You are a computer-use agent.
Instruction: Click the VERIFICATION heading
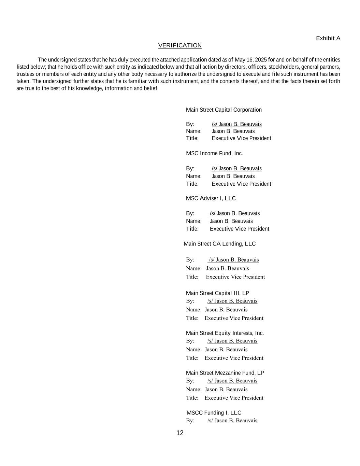[180, 45]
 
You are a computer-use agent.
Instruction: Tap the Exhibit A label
[328, 38]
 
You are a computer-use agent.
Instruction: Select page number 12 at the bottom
[180, 433]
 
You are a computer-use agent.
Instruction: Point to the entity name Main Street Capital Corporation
[224, 110]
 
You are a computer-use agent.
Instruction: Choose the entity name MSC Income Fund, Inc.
[214, 153]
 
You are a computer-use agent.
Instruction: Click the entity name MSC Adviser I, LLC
[211, 198]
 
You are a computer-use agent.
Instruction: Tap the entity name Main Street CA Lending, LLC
[219, 244]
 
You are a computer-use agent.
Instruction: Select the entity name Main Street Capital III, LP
[217, 293]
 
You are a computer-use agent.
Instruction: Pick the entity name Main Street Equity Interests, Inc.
[225, 333]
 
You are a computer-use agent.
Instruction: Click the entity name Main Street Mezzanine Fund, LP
[225, 373]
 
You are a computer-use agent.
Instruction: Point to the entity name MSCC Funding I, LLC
[214, 413]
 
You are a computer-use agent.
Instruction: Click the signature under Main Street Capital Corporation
[236, 124]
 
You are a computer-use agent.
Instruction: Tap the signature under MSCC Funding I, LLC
[232, 421]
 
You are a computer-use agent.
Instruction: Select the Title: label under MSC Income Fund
[192, 184]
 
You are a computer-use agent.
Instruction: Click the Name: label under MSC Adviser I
[193, 221]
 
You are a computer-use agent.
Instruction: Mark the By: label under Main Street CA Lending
[190, 260]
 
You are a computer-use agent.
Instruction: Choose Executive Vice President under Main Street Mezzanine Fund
[234, 398]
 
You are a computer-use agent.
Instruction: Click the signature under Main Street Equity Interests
[232, 341]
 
